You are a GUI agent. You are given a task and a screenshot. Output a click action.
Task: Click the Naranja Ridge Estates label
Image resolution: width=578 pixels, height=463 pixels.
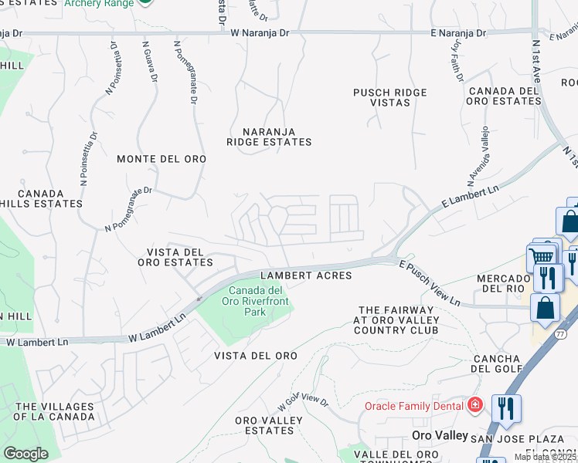pyautogui.click(x=269, y=137)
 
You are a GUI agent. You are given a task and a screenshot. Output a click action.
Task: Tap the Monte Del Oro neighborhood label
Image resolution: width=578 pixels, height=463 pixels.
pyautogui.click(x=161, y=158)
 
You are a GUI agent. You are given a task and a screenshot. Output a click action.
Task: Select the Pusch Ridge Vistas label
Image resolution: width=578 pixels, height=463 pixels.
pyautogui.click(x=389, y=97)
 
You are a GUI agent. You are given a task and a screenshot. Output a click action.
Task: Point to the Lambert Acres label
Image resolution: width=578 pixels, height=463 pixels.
pyautogui.click(x=306, y=275)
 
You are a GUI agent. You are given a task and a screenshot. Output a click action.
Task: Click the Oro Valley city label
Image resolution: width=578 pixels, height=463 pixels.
pyautogui.click(x=440, y=435)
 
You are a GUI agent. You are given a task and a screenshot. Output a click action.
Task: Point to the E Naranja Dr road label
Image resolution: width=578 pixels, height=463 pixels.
pyautogui.click(x=458, y=33)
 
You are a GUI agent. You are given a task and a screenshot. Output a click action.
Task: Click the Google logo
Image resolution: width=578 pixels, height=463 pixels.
pyautogui.click(x=25, y=453)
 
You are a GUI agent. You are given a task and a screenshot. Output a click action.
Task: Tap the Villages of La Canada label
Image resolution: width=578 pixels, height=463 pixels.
pyautogui.click(x=55, y=411)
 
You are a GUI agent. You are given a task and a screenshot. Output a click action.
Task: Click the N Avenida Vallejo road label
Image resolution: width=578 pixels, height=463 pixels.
pyautogui.click(x=477, y=156)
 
